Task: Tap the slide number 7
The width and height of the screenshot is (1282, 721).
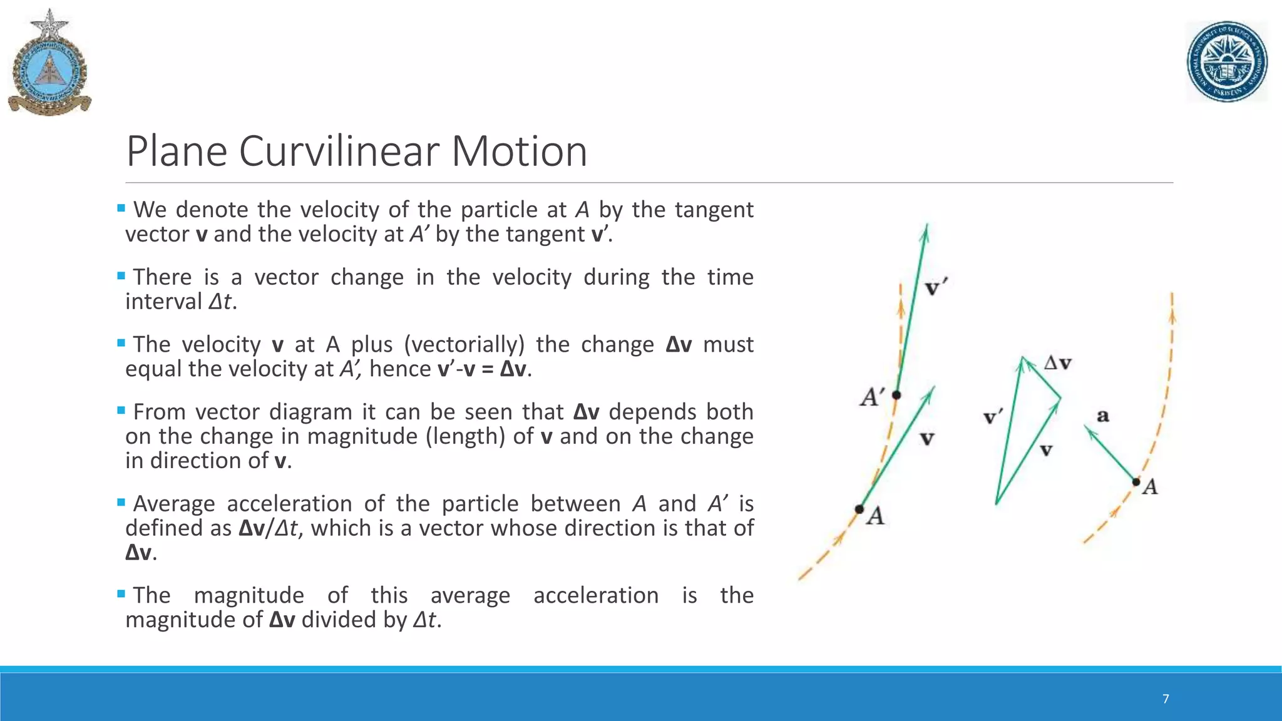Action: (x=1166, y=699)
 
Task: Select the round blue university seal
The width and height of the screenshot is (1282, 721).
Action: (x=1227, y=62)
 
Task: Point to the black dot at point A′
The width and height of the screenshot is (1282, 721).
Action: (x=896, y=395)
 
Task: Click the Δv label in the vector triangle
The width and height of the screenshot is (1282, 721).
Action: (x=1058, y=363)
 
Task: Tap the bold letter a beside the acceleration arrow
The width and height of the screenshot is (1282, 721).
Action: (x=1103, y=415)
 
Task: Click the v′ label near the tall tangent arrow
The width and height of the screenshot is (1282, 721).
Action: (x=936, y=289)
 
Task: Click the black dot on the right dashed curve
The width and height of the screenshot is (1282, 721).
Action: (x=1136, y=482)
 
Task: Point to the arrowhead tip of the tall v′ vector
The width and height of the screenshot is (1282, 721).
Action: (x=926, y=226)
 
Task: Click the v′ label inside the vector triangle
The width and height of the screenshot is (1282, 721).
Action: (x=993, y=417)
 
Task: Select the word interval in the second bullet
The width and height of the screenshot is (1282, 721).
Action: (x=163, y=302)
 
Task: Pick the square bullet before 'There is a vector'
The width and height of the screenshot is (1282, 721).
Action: (x=121, y=276)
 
